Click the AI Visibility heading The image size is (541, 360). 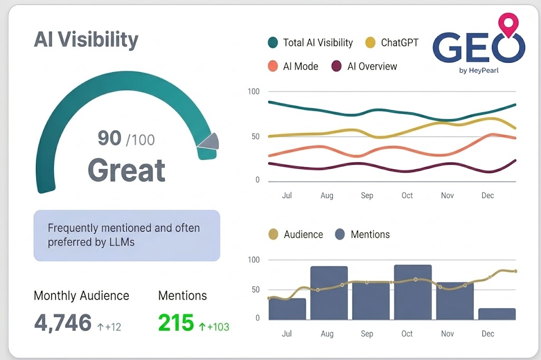pos(86,40)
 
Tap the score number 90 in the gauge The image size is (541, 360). pos(110,138)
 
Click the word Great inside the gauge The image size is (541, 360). pos(126,170)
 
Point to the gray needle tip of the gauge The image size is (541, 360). pos(209,141)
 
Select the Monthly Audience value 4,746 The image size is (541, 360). pos(62,323)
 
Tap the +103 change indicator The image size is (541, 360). pos(214,327)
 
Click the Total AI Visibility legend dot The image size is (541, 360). pos(273,43)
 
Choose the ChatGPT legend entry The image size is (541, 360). pos(392,43)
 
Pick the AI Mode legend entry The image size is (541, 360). pos(293,67)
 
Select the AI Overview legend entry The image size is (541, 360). pos(365,67)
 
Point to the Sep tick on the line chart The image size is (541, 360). pos(367,195)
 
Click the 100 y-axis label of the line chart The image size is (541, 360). pos(254,92)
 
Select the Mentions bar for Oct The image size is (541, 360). pos(413,292)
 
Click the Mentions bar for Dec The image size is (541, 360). pos(497,314)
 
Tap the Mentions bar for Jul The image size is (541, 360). pos(287,309)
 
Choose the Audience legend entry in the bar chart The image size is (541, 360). pos(296,234)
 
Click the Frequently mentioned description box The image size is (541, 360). pos(127,235)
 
